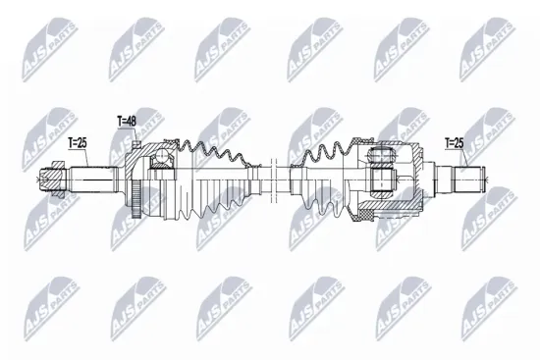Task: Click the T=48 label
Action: click(x=127, y=122)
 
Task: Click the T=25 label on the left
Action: click(x=78, y=143)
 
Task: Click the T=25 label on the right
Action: click(x=455, y=143)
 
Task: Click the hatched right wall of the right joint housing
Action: click(x=420, y=180)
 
